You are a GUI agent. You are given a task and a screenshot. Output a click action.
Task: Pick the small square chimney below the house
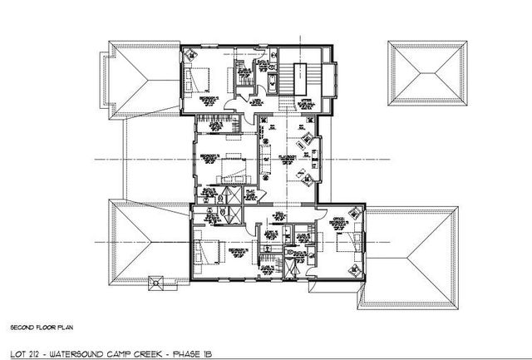[155, 284]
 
